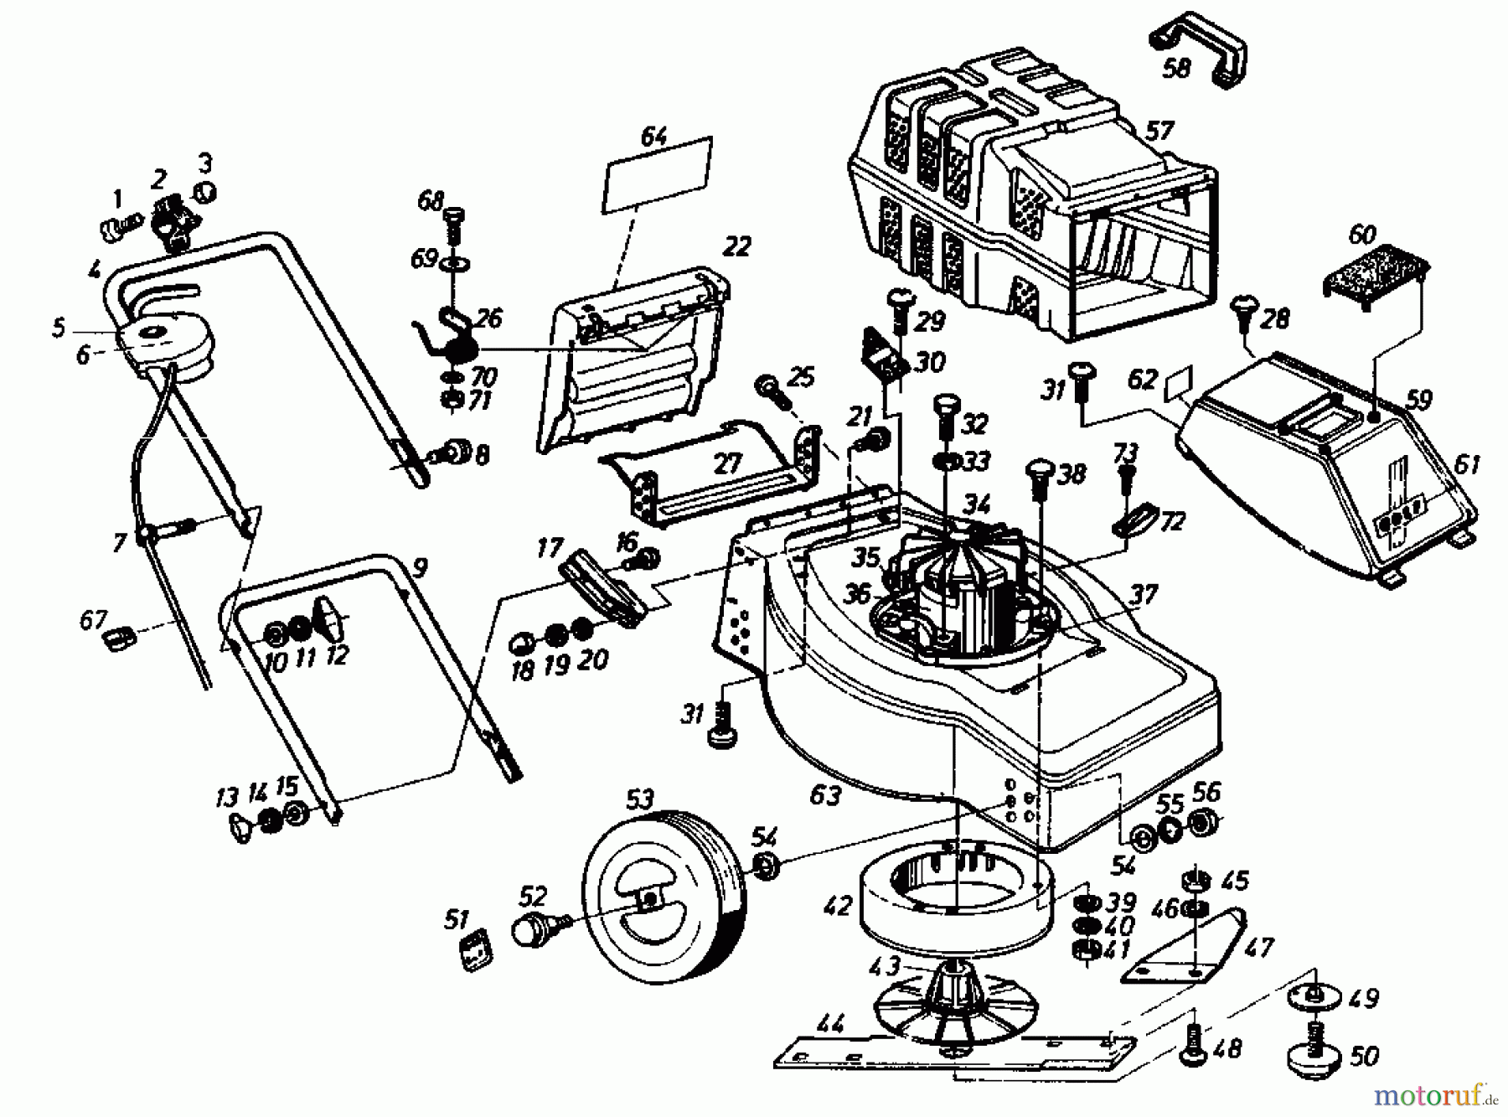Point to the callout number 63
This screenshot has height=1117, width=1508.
(x=824, y=794)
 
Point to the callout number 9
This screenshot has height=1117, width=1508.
(x=420, y=569)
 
